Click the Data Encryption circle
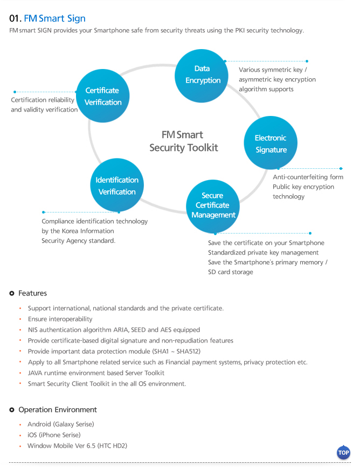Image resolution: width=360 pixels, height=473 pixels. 202,76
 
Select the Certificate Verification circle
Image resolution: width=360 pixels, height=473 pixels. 103,96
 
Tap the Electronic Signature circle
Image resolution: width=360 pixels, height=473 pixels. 271,143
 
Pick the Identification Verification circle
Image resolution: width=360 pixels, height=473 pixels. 117,185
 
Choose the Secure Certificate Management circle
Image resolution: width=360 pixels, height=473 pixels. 213,207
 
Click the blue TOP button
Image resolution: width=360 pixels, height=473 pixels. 343,453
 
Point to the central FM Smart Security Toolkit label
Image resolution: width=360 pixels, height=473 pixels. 183,141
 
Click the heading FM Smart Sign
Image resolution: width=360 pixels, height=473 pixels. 54,18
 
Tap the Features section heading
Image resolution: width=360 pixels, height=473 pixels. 32,293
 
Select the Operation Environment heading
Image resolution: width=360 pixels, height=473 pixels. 58,410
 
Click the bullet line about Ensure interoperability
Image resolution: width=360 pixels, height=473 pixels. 60,319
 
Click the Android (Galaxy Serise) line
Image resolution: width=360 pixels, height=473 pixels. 60,424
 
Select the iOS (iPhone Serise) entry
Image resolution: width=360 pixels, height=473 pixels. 54,435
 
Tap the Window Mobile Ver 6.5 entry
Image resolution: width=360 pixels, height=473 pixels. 77,446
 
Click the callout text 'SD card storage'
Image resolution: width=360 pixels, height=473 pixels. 230,272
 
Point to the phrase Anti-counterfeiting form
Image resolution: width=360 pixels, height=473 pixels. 308,177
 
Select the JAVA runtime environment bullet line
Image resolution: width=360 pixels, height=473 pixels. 96,373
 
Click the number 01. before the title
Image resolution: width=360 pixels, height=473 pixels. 16,19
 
